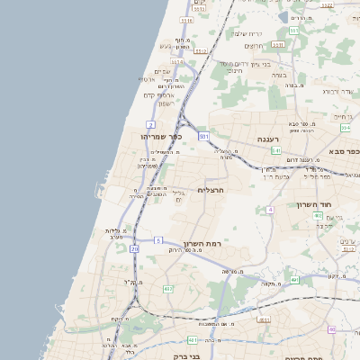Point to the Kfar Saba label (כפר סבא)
[346, 153]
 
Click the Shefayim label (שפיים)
[163, 71]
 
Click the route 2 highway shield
[151, 123]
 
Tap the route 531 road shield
[204, 136]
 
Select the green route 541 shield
[276, 150]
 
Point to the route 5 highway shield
[157, 240]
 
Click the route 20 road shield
[134, 248]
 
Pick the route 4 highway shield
[269, 210]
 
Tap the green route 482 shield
[167, 289]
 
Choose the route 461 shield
[193, 340]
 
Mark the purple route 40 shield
[331, 329]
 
